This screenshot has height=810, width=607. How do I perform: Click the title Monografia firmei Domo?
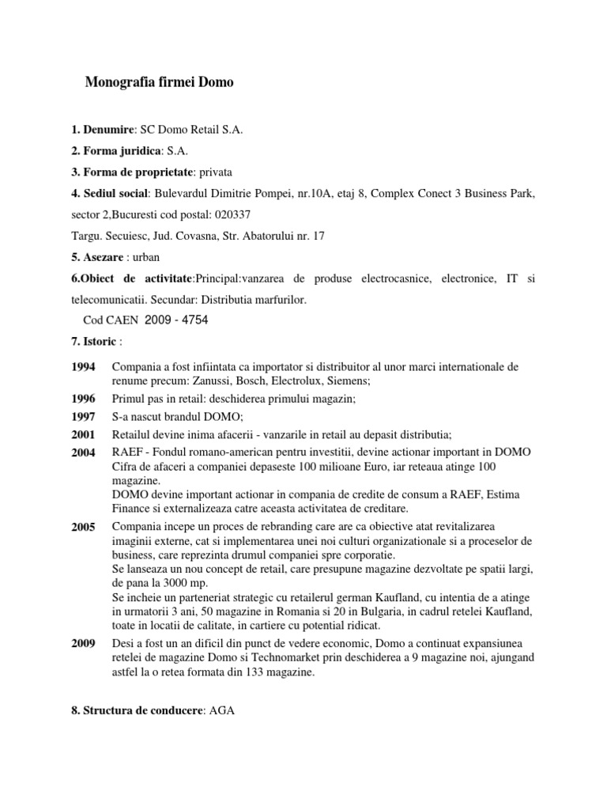tap(159, 82)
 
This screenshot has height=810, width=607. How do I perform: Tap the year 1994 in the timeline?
tap(83, 367)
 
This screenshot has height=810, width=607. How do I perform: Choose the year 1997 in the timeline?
tap(83, 415)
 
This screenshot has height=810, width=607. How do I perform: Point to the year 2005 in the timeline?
tap(83, 525)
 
